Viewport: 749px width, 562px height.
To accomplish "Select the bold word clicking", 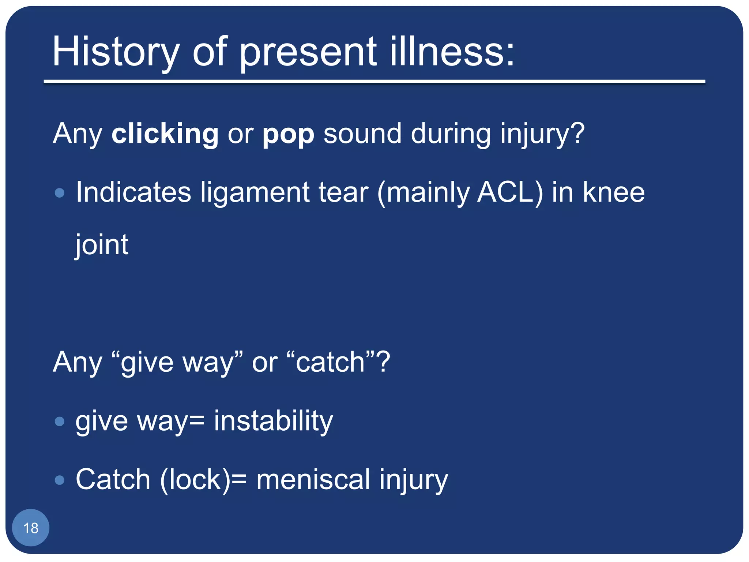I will [x=165, y=134].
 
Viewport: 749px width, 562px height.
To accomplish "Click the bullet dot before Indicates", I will [x=59, y=193].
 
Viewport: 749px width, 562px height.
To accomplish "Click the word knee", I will [x=613, y=192].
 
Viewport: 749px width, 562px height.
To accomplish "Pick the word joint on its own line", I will [x=102, y=245].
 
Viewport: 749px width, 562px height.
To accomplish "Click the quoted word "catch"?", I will [x=338, y=362].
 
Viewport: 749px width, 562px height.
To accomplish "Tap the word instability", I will [x=273, y=421].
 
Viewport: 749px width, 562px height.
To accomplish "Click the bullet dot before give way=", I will [x=59, y=421].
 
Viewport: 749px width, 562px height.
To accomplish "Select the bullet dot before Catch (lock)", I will [x=59, y=480].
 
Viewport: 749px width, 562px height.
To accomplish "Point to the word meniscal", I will [x=313, y=480].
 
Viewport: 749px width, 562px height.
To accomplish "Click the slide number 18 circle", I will [x=31, y=528].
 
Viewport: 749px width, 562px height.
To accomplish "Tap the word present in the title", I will [x=308, y=52].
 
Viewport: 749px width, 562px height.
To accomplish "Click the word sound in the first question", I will [x=362, y=134].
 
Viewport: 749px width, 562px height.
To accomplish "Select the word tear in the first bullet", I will [x=343, y=193].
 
